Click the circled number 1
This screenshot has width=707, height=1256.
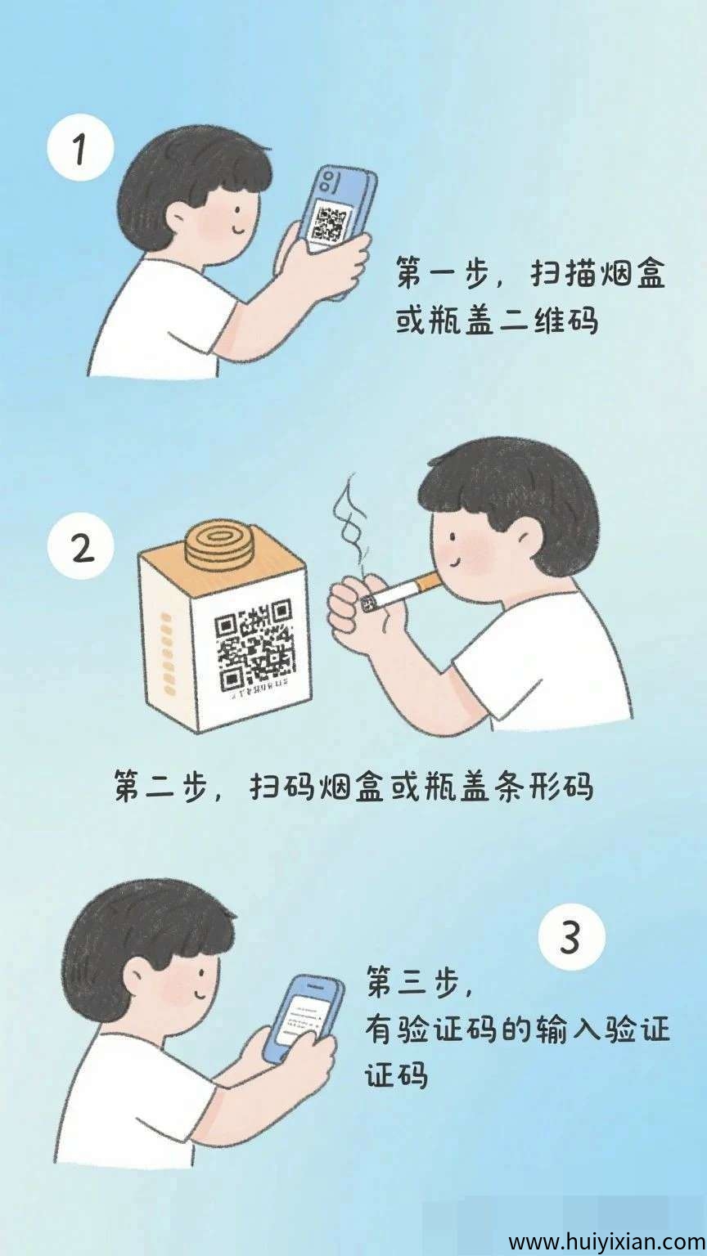(79, 150)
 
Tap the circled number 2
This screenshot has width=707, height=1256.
(83, 548)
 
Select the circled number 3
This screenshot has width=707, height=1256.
(571, 938)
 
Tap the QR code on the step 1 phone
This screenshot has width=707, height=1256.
(331, 223)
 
